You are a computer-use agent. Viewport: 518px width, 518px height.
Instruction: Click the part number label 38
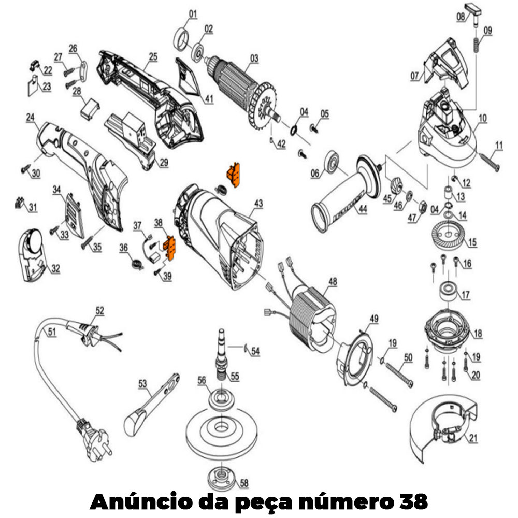pyautogui.click(x=158, y=222)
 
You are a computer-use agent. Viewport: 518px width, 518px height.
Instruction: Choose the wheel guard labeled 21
pyautogui.click(x=443, y=427)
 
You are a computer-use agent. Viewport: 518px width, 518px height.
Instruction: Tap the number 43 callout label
pyautogui.click(x=258, y=204)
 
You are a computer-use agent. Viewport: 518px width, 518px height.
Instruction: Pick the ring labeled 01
pyautogui.click(x=181, y=40)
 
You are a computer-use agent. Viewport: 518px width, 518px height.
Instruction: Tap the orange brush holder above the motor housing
pyautogui.click(x=234, y=175)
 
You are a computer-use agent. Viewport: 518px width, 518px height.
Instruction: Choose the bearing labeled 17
pyautogui.click(x=448, y=291)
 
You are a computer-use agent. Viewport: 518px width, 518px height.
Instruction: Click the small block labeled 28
pyautogui.click(x=90, y=109)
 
